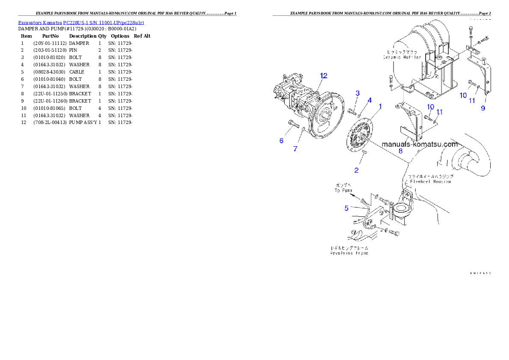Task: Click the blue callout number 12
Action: (323, 76)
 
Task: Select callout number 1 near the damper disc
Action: (380, 106)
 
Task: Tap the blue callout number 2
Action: (358, 93)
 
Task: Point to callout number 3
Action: (370, 100)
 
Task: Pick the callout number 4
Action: (346, 208)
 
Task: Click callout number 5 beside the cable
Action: (281, 141)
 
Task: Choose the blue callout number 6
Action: (295, 149)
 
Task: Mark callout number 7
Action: (400, 150)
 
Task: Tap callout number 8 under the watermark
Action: (483, 108)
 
